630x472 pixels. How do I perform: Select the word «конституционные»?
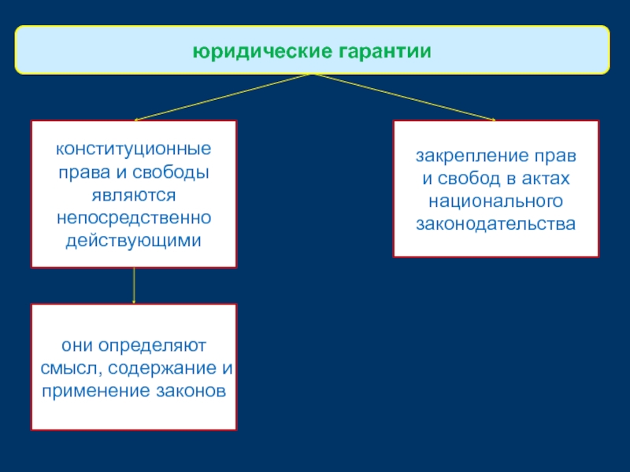(x=133, y=149)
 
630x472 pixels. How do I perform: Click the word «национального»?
(x=496, y=201)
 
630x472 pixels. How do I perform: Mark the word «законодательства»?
(x=496, y=223)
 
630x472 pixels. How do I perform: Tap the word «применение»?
(x=86, y=391)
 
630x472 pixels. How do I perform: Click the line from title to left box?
(x=224, y=97)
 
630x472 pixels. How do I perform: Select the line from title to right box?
(x=405, y=97)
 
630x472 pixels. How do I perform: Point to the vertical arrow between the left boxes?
(x=134, y=285)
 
